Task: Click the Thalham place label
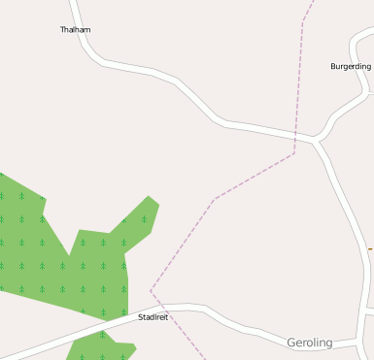point(75,30)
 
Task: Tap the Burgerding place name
point(351,66)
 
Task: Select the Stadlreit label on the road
point(153,316)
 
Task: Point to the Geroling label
point(309,343)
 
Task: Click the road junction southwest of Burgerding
point(315,141)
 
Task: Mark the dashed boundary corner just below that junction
point(293,153)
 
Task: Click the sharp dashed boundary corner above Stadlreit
point(151,290)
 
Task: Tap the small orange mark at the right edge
point(370,249)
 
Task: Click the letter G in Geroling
point(291,343)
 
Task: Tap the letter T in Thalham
point(62,30)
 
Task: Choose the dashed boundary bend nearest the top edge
point(303,19)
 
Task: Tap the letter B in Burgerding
point(333,66)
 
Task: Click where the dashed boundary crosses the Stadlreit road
point(171,311)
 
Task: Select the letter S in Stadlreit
point(141,316)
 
